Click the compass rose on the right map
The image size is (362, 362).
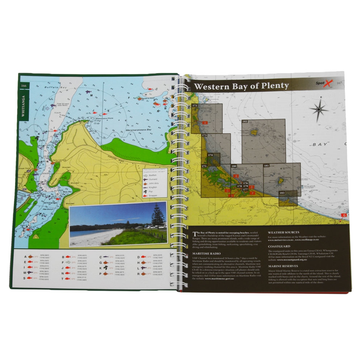click(319, 109)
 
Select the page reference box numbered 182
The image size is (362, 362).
click(245, 122)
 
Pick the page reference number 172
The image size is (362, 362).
click(195, 105)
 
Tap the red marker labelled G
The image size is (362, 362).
click(344, 215)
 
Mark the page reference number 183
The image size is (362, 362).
click(282, 193)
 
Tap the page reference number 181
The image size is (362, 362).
click(267, 165)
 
